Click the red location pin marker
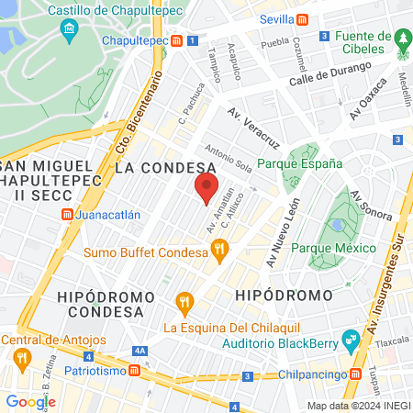coord(206,189)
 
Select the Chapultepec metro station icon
coord(190,41)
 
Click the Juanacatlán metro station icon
coord(66,215)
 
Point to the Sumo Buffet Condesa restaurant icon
coord(218,248)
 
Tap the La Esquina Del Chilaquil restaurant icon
coord(184,300)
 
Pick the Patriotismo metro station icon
coord(135,370)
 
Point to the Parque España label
coord(299,163)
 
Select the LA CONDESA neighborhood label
coord(166,168)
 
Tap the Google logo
coord(30,401)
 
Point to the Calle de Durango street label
coord(329,73)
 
